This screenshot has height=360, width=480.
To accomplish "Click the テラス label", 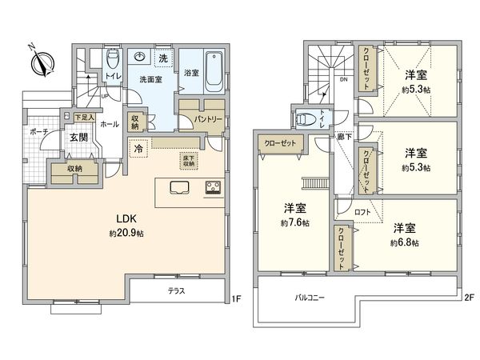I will click(176, 290).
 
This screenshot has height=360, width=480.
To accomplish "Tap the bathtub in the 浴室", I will click(214, 73).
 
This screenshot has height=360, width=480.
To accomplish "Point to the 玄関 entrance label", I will click(78, 138).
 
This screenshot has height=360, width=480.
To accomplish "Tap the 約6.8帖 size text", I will click(404, 242).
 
